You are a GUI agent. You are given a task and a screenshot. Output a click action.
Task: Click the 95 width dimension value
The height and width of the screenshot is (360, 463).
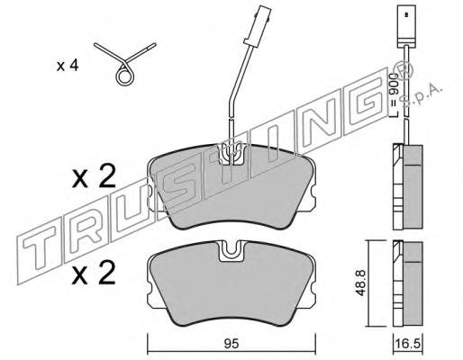[x=231, y=344]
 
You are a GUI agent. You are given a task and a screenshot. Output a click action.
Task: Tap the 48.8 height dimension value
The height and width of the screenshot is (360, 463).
[x=361, y=283]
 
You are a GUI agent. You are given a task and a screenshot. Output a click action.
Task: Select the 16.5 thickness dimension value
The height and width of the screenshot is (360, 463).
[x=408, y=344]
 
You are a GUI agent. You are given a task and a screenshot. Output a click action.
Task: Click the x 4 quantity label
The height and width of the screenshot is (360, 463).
[x=68, y=66]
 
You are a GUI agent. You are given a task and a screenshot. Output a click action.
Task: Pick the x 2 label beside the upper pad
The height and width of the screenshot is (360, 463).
[x=94, y=176]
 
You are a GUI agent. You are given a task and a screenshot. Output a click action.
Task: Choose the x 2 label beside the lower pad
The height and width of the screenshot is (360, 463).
[x=94, y=273]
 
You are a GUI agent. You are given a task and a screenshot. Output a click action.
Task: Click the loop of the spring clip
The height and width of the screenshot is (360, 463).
[x=124, y=76]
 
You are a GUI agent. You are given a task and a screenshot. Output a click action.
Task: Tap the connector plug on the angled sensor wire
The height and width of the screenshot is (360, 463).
[x=258, y=27]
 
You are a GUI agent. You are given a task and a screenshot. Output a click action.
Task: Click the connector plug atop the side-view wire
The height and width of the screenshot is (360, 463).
[x=406, y=26]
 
